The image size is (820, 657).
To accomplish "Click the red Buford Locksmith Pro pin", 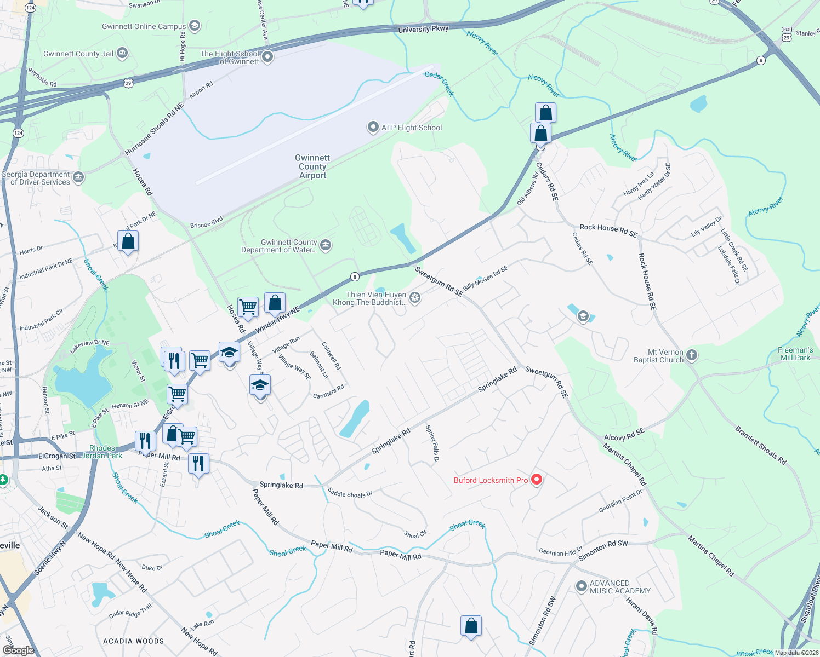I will point(537,480).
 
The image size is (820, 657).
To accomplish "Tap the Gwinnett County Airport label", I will point(312,166).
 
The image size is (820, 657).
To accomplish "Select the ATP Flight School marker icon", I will point(373,128).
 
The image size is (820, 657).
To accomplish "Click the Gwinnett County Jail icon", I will point(122,53).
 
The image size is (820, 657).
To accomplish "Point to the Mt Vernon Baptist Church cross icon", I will point(692,356).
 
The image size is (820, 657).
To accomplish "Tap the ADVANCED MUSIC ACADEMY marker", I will point(581,587).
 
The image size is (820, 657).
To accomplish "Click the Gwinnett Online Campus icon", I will point(194,26).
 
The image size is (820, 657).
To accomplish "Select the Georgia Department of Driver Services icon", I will point(78,177).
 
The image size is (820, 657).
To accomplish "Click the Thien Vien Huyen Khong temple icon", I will point(415,298).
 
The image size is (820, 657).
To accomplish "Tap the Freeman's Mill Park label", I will point(795,354).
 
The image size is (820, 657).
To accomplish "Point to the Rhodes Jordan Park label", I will point(102,452).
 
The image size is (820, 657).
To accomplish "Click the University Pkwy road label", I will point(423,29).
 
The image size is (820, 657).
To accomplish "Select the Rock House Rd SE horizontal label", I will point(608,230).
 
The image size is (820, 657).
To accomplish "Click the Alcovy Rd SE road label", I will point(624,435).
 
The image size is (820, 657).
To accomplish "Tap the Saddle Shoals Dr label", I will point(350,493).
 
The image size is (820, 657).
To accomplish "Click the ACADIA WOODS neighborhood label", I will point(133,641).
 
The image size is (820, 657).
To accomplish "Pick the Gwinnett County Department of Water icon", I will point(326,245).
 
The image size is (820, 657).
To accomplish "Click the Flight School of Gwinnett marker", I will point(267,57).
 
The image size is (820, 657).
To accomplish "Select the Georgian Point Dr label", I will point(620,502).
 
